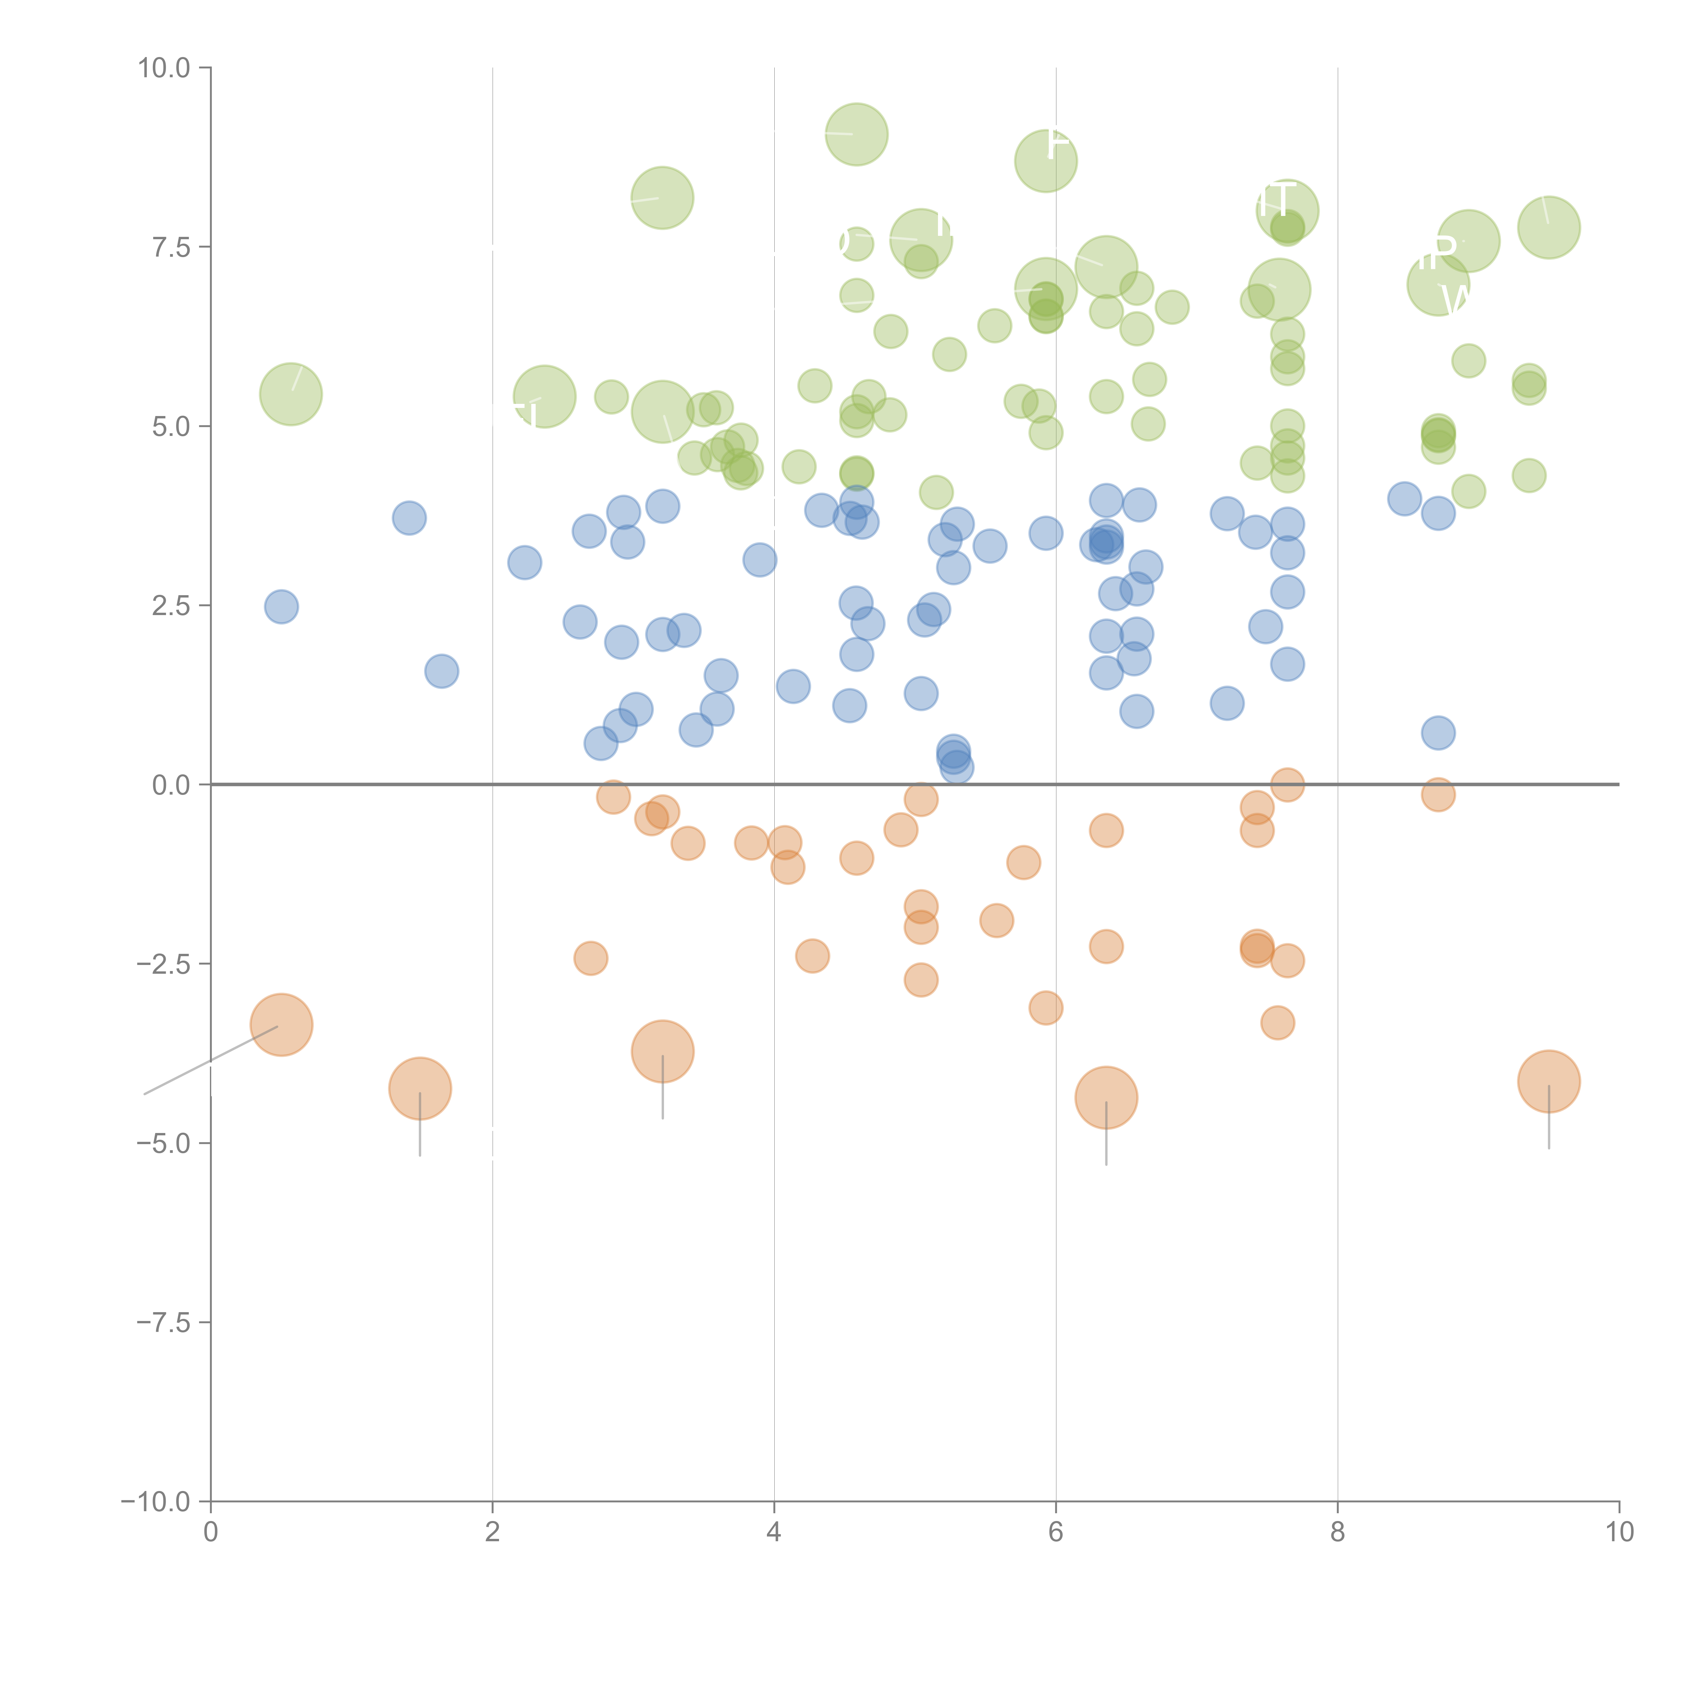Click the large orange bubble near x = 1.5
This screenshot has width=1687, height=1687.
coord(420,1089)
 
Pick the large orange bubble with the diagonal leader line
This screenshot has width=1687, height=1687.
coord(281,1025)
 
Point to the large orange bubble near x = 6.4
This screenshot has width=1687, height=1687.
coord(1106,1098)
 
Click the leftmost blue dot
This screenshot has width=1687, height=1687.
coord(281,607)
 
